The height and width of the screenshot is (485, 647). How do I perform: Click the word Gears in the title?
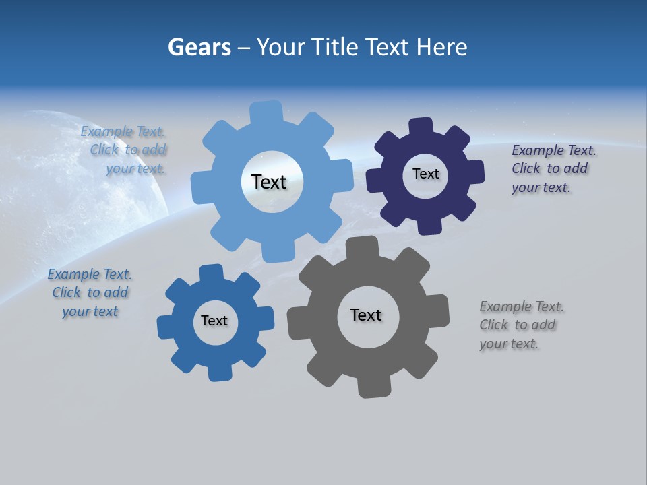199,47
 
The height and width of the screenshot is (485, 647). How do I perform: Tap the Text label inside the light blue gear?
269,182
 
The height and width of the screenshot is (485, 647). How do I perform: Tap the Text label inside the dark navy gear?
425,174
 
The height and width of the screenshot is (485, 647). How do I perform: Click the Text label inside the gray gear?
366,315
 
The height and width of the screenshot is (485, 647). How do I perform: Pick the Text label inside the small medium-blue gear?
214,321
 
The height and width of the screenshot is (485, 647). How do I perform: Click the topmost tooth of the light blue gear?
267,112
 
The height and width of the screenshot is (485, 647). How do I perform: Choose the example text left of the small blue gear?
90,292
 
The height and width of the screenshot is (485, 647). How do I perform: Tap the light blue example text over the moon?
126,150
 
